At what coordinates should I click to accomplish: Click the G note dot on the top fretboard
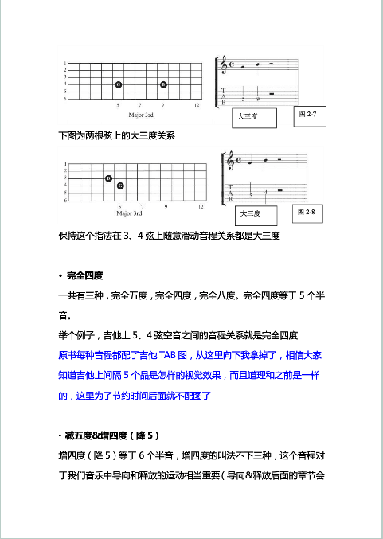coord(118,84)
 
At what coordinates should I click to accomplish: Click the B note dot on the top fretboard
coord(163,84)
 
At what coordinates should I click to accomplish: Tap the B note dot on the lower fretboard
coord(108,178)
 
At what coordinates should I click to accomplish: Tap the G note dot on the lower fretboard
coord(120,186)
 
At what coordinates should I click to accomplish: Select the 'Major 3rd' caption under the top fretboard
coord(129,113)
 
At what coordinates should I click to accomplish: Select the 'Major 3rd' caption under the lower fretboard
coord(129,213)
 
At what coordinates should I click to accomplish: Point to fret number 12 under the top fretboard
coord(196,104)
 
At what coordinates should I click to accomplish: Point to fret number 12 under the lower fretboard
coord(201,206)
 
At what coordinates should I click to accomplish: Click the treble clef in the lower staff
coord(231,162)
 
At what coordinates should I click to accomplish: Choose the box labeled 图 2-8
coord(307,213)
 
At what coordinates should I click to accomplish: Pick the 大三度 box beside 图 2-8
coord(255,214)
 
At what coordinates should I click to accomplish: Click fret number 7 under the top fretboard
coord(140,104)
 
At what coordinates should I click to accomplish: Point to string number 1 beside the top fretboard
coord(64,64)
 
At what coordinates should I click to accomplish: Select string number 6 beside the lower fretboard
coord(64,200)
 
